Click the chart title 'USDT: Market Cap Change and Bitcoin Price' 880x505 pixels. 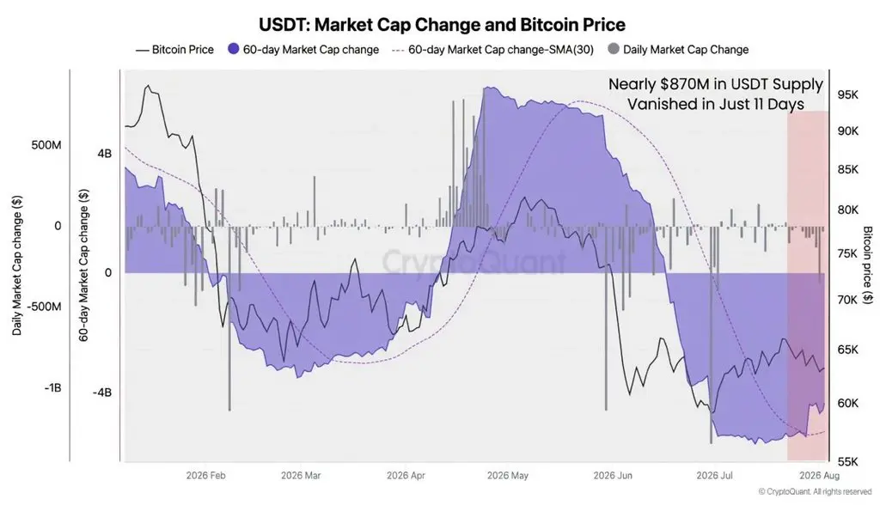pyautogui.click(x=442, y=25)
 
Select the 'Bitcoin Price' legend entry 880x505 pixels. pyautogui.click(x=174, y=49)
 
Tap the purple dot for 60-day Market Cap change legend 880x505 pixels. pyautogui.click(x=234, y=49)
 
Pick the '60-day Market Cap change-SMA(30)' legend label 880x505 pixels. pyautogui.click(x=501, y=49)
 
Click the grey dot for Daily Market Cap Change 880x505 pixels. pyautogui.click(x=614, y=49)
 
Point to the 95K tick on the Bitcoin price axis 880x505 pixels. pyautogui.click(x=847, y=94)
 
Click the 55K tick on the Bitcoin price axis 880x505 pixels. pyautogui.click(x=847, y=462)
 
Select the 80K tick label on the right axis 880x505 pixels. pyautogui.click(x=847, y=210)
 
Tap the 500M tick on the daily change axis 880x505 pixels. pyautogui.click(x=46, y=145)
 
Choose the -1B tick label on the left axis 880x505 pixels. pyautogui.click(x=52, y=388)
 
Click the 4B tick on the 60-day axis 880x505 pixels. pyautogui.click(x=104, y=154)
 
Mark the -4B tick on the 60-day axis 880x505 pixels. pyautogui.click(x=102, y=392)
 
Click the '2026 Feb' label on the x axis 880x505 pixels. pyautogui.click(x=205, y=476)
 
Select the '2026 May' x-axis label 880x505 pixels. pyautogui.click(x=507, y=476)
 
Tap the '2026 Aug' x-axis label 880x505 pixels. pyautogui.click(x=819, y=476)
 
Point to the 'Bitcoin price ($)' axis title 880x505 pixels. pyautogui.click(x=868, y=265)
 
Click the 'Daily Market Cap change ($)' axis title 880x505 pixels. pyautogui.click(x=17, y=266)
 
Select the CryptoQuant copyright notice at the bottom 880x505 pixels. pyautogui.click(x=815, y=491)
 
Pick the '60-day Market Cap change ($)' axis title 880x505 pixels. pyautogui.click(x=83, y=265)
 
